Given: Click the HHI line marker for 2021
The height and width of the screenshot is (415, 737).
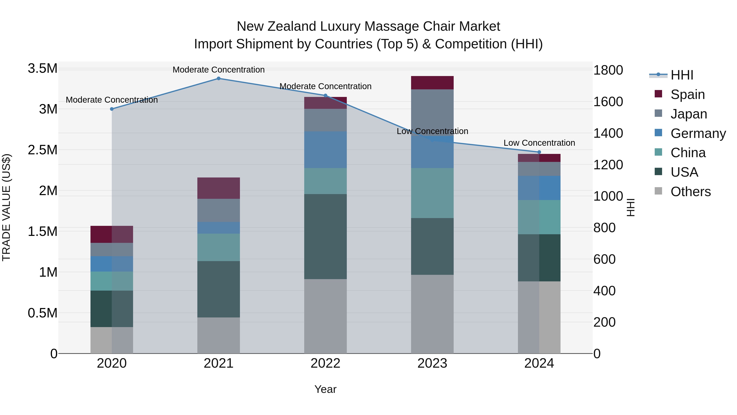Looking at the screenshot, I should point(219,78).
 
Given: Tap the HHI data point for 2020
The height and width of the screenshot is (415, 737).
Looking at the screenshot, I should point(112,109).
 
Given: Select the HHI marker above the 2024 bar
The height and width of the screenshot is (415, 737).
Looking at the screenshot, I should point(539,152).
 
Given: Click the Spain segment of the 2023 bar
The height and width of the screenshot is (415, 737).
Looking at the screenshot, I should point(432,83).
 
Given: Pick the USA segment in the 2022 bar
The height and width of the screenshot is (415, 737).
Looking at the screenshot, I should point(325,236).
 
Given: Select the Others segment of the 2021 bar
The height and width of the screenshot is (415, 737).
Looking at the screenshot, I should point(219,335).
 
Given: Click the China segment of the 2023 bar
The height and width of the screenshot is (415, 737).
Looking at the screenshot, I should point(432,193).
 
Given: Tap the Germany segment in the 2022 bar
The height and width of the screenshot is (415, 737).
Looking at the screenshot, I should point(325,150).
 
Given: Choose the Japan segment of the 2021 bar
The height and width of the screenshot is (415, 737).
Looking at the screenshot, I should point(219,210).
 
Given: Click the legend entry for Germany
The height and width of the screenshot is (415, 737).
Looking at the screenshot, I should point(698,133).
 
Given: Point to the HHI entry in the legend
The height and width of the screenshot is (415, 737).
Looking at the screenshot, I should point(682,75).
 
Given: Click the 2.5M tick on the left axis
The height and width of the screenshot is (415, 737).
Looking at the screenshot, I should point(43,150).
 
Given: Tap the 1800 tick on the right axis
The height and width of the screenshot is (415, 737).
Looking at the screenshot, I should point(608,70).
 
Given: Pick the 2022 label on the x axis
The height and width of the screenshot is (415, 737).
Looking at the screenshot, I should point(325,363).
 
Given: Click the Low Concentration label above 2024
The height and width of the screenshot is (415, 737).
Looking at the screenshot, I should point(539,143).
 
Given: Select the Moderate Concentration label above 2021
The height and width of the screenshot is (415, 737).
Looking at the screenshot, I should point(219,70).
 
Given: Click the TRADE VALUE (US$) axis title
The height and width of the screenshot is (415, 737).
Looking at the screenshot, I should point(6,207).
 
